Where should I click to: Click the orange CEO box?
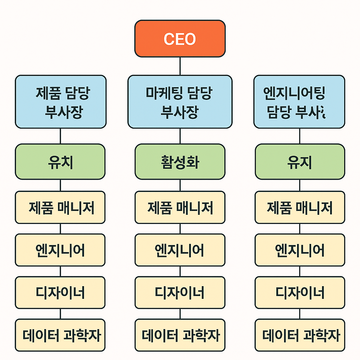(x=180, y=39)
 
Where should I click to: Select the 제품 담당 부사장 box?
(x=60, y=102)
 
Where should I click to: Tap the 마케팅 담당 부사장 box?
(x=180, y=102)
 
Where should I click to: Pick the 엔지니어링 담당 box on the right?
(x=299, y=102)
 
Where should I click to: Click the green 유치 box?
(x=60, y=162)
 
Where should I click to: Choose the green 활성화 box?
(x=180, y=162)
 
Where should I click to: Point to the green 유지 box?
(x=300, y=162)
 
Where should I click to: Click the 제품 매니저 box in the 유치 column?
(x=60, y=207)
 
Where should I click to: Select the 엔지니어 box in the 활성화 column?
(x=180, y=250)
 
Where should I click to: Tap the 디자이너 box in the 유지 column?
(x=300, y=292)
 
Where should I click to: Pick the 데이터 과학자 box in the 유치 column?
(x=60, y=335)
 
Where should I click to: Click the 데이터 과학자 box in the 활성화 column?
(x=180, y=335)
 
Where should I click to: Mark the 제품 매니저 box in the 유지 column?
(x=300, y=207)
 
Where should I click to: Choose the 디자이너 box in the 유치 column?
(x=60, y=292)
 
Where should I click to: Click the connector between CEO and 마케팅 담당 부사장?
(x=180, y=66)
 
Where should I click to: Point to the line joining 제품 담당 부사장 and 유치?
(x=60, y=136)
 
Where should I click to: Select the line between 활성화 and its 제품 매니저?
(x=180, y=185)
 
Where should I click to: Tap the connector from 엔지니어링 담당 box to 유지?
(x=300, y=136)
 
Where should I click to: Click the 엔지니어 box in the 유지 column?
(x=300, y=250)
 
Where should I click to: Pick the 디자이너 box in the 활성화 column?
(x=180, y=292)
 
